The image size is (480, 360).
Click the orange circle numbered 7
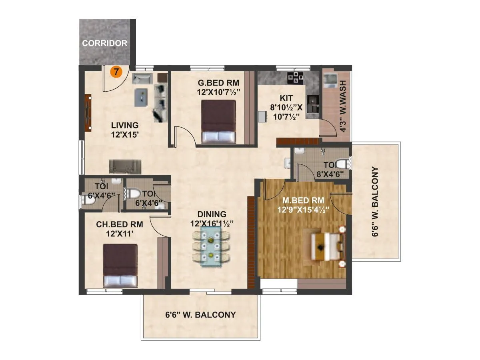click(x=116, y=72)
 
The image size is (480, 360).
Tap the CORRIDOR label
click(x=104, y=43)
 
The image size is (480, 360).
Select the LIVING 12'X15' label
click(x=125, y=130)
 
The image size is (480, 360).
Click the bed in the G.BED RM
click(x=218, y=121)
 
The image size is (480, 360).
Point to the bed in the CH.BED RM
click(x=120, y=265)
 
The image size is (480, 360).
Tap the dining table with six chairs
click(x=211, y=246)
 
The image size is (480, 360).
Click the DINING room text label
click(x=212, y=214)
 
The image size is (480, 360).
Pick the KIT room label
click(x=286, y=98)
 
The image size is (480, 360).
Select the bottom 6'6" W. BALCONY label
click(x=200, y=315)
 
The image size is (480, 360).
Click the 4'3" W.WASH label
click(x=342, y=106)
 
